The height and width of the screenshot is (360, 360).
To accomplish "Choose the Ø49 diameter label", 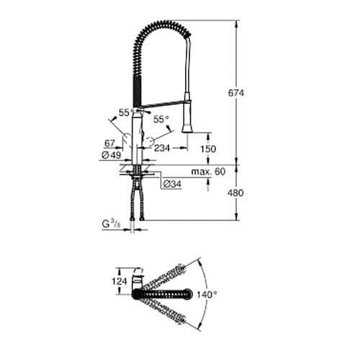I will tap(110, 155).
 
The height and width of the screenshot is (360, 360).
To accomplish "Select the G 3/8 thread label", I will tap(111, 225).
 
